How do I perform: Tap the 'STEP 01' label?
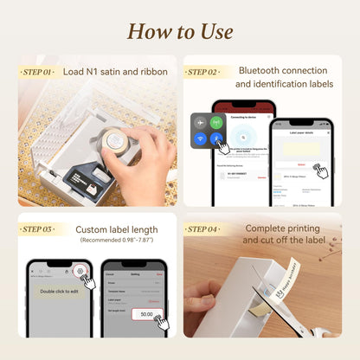(x=37, y=72)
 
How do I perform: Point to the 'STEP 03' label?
(x=39, y=229)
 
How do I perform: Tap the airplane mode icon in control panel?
(x=200, y=123)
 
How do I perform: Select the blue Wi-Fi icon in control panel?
(x=200, y=138)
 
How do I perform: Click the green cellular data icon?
(x=215, y=123)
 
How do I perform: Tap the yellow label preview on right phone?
(x=300, y=148)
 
